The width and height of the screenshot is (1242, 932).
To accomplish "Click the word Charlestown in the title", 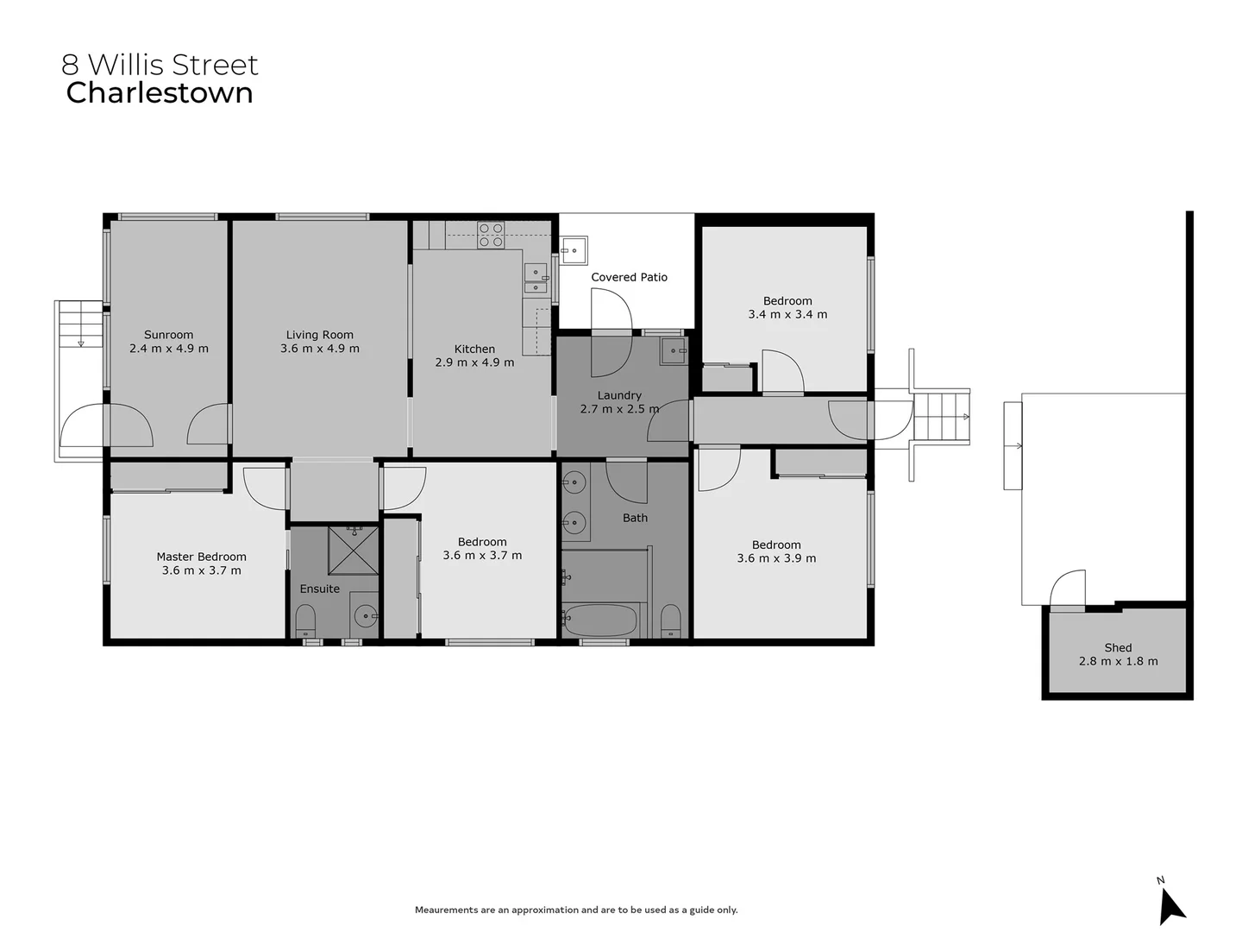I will (x=160, y=93).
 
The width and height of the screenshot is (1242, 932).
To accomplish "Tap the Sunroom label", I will (x=168, y=335).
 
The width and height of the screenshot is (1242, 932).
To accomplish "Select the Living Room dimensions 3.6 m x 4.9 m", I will (x=319, y=349).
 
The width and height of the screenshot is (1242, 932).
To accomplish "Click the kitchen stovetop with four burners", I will (x=491, y=236).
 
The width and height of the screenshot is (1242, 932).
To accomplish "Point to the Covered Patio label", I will (x=629, y=277).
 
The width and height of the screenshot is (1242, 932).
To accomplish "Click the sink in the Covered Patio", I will (x=573, y=250).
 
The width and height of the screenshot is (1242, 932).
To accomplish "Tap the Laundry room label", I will (x=619, y=395).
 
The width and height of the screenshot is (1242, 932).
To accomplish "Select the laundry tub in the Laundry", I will (x=673, y=350).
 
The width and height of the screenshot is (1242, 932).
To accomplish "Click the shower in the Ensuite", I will (x=353, y=550).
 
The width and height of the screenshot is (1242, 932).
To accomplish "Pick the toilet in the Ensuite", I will (x=305, y=620).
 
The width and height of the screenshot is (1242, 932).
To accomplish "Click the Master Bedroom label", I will (x=201, y=557).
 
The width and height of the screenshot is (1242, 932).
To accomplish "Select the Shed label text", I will (x=1118, y=647).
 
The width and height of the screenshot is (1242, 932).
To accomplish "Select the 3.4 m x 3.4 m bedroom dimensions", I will (x=787, y=315).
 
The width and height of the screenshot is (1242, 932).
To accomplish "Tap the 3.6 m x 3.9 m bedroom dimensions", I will (x=776, y=558).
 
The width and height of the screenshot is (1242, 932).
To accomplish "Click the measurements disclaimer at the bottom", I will (x=576, y=910).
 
